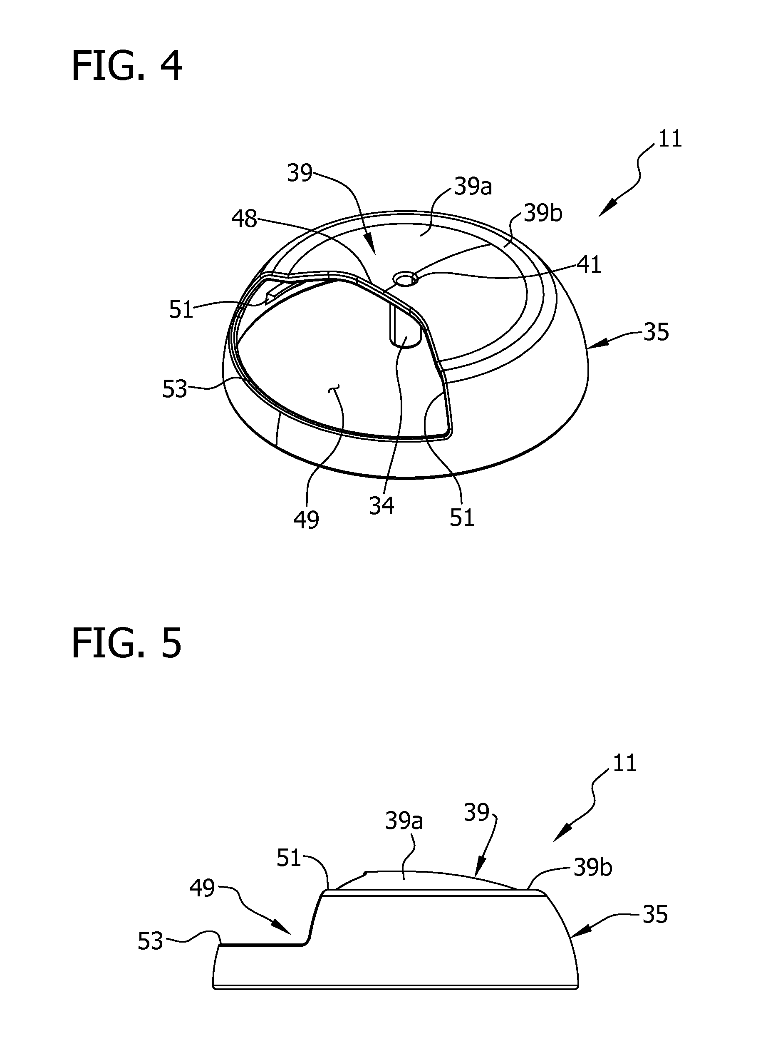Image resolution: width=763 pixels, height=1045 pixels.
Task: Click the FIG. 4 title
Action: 127,66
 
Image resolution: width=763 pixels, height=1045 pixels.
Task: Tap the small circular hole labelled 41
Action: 406,279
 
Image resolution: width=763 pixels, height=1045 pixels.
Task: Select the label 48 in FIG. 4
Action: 244,219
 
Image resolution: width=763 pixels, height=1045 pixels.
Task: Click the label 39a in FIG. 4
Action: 473,187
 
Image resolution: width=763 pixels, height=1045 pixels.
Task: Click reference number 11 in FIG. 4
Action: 670,139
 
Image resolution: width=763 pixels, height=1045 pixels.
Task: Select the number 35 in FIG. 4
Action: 656,332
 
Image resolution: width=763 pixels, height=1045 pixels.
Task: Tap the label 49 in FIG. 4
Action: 306,520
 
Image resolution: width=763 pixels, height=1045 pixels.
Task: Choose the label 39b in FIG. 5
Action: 593,829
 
